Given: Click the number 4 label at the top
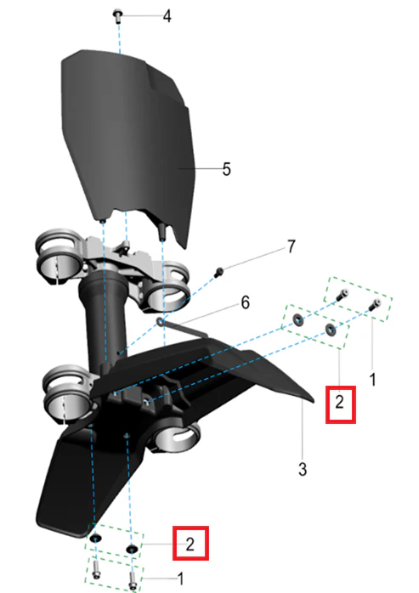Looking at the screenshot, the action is click(167, 16).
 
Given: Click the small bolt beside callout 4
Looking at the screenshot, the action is click(117, 16).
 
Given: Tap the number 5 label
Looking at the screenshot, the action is click(226, 169).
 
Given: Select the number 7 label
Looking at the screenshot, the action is click(291, 246).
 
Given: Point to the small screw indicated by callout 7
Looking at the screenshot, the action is click(218, 272).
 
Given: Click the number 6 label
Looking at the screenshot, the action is click(246, 302).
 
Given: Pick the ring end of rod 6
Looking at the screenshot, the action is click(161, 321).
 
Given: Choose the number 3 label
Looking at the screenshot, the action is click(303, 469).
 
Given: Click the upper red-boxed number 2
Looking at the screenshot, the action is click(339, 402).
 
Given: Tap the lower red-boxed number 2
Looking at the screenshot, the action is click(190, 545).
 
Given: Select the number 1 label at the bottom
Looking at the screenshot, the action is click(181, 579).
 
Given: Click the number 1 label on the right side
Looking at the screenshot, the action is click(373, 379).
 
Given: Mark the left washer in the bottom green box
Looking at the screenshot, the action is click(96, 538).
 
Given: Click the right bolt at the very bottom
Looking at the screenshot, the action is click(132, 580).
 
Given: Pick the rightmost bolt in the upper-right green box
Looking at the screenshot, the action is click(375, 304).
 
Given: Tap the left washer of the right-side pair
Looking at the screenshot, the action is click(297, 320).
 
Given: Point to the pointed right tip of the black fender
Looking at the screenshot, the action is click(313, 400).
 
